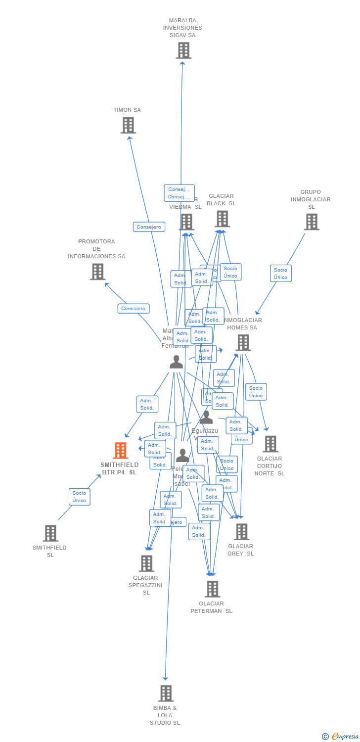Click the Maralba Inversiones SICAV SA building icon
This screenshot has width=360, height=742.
tap(183, 50)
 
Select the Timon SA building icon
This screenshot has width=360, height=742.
tap(128, 125)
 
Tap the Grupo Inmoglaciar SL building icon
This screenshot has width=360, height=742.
tap(312, 222)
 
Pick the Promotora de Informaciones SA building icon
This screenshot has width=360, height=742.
tap(97, 272)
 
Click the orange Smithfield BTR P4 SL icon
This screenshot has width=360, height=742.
tap(121, 451)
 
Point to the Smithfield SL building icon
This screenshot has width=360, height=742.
tap(50, 533)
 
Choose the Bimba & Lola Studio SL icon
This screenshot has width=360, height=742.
tap(166, 694)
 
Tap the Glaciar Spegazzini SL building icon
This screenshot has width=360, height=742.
tap(146, 563)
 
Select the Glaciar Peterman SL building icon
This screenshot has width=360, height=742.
tap(212, 589)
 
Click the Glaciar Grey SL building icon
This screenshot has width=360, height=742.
tap(241, 532)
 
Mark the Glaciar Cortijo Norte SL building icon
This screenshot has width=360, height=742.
tap(270, 444)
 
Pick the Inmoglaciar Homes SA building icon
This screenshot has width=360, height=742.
tap(243, 342)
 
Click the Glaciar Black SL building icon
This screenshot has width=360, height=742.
tap(222, 219)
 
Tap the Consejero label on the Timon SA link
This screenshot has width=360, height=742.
tap(149, 227)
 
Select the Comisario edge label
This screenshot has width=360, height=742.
tap(134, 309)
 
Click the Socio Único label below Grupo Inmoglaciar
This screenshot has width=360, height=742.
tap(280, 274)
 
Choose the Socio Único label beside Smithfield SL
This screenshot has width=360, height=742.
tap(79, 497)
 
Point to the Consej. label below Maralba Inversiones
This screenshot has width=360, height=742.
tap(179, 193)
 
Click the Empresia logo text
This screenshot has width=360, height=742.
tap(345, 736)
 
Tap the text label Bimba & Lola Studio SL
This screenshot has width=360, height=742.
tap(165, 715)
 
